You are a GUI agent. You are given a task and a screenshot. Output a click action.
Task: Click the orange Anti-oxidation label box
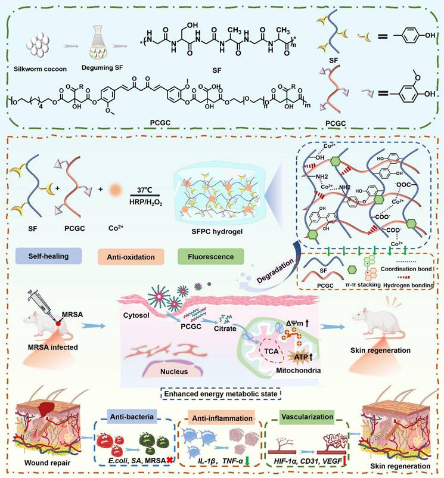pos(128,257)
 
